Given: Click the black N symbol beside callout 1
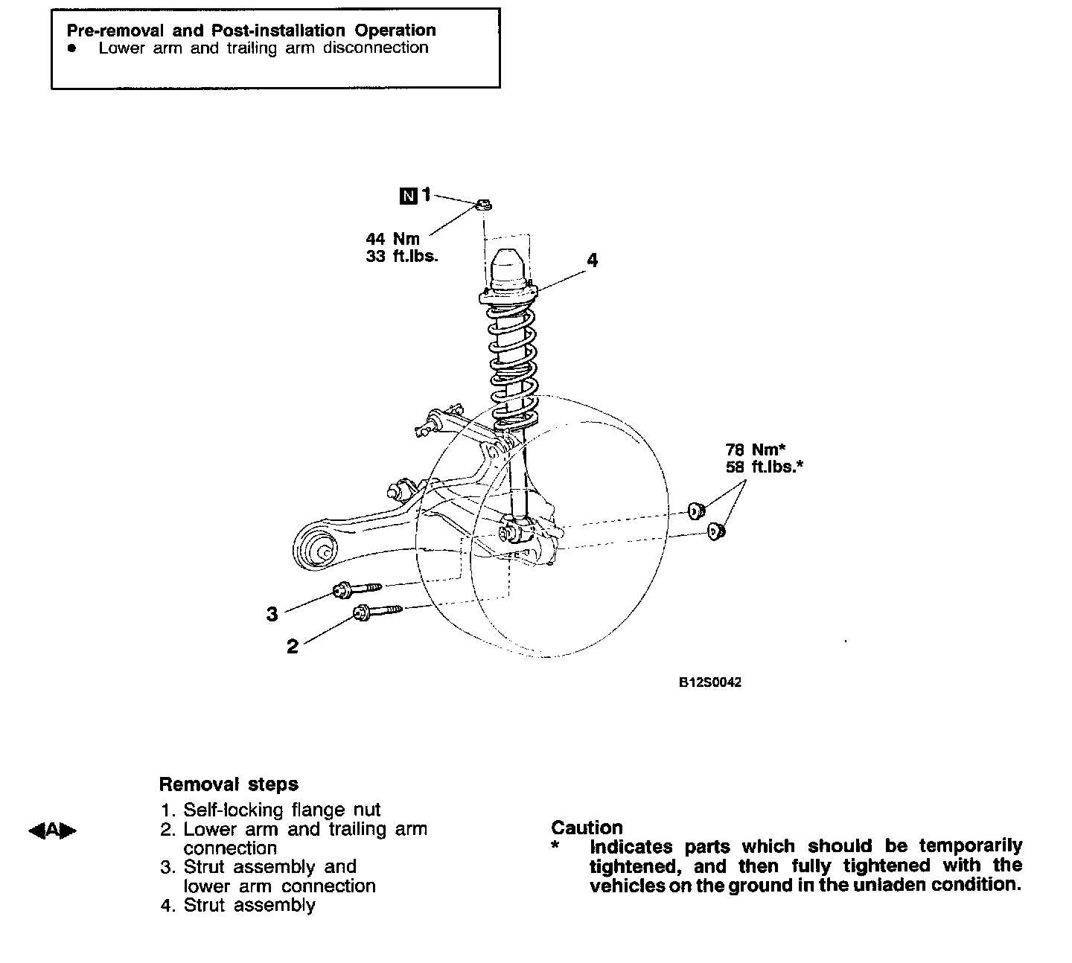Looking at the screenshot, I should pos(408,196).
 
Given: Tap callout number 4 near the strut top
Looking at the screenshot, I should pos(592,260).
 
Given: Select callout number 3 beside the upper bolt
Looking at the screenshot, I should pos(272,614).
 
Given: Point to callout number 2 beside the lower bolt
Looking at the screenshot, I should pos(293,646).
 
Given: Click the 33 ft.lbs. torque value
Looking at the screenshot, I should pos(402,257).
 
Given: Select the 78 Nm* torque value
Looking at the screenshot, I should pos(756,449).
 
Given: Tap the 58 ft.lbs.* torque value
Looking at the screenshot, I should pos(764,467).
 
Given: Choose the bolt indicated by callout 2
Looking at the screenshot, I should pos(377,612).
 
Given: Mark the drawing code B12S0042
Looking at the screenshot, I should pos(709,682).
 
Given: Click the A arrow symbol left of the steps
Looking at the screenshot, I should pos(52,830).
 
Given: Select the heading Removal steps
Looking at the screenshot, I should pos(229,784).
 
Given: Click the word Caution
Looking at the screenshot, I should pos(587,828).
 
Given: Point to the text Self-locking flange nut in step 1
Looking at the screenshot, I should pos(281,810).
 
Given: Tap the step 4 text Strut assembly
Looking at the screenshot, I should pos(249,905).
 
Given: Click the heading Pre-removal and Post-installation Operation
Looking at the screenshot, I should pos(251,31).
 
